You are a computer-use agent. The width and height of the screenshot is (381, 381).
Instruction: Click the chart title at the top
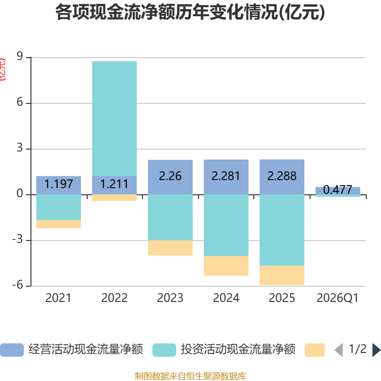coord(190,13)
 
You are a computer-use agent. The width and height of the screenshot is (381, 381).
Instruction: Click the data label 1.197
coord(59,184)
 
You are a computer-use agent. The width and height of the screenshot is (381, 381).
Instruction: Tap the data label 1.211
coord(114,184)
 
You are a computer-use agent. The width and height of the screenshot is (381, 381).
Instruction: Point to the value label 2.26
coord(170,176)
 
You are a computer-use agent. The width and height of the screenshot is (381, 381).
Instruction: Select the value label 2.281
coord(226,176)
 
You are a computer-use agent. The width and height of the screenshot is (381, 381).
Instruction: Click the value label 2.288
coord(282,176)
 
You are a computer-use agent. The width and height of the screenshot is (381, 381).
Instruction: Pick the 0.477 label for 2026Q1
coord(338,190)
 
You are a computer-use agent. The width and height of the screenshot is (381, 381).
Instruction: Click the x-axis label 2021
coord(58,298)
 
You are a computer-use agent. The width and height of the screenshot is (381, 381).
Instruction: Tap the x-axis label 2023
coord(170,298)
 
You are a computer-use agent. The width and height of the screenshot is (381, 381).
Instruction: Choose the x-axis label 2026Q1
coord(337,298)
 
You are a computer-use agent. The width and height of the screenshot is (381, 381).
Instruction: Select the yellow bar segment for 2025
coord(282,275)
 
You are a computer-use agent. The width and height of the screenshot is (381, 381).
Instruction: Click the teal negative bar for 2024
coord(226,225)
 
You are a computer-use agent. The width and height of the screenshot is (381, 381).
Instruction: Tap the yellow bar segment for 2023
coord(170,248)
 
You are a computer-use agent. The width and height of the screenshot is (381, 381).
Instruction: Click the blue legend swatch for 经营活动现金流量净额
coord(12,350)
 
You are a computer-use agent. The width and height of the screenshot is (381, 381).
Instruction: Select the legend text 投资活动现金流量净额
coord(238,350)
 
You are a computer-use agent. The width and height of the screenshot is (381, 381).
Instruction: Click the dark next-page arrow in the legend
coord(376,350)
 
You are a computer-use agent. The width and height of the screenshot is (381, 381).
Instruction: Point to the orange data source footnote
coord(190,376)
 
